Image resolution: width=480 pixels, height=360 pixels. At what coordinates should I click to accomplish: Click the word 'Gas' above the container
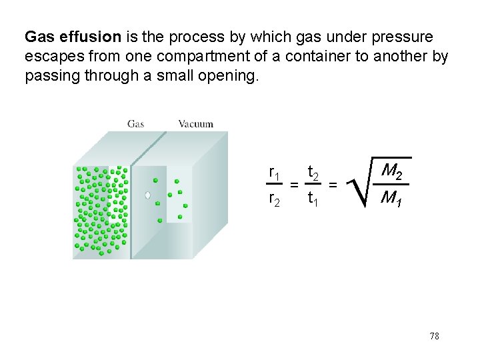[136, 123]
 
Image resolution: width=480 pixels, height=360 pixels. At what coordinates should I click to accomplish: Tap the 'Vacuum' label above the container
[195, 123]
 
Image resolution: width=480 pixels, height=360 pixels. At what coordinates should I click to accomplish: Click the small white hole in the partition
[148, 195]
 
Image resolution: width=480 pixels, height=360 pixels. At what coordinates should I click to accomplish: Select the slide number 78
[434, 336]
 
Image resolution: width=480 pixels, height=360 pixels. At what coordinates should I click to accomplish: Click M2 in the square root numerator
[391, 173]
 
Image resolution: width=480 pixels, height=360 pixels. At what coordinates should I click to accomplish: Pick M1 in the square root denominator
[391, 199]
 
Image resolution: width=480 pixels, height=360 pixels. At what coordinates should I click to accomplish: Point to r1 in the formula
[274, 173]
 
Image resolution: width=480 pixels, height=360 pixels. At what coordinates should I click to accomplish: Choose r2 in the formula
[274, 198]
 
